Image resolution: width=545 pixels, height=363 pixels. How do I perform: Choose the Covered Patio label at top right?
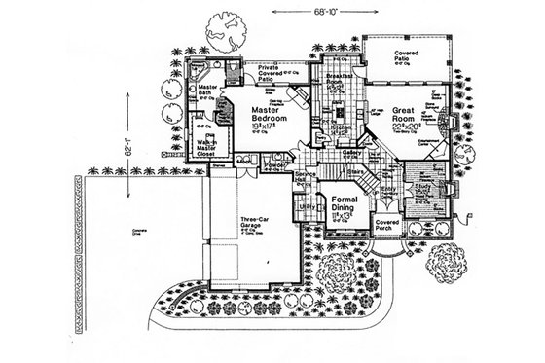[x=406, y=56]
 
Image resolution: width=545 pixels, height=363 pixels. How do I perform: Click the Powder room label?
[x=273, y=167]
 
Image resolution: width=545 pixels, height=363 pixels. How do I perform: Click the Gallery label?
[x=351, y=153]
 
